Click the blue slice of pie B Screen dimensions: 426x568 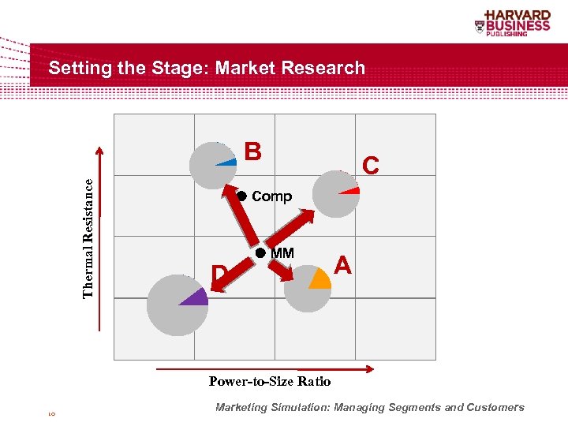[x=228, y=163]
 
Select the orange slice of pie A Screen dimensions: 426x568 [x=320, y=278]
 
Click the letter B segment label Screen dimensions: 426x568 [x=252, y=151]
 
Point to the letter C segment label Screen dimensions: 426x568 [x=370, y=165]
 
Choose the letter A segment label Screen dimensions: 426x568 [x=342, y=265]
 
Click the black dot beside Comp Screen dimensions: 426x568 [x=242, y=196]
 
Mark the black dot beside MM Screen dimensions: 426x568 [x=261, y=253]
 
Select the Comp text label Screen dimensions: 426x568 [x=271, y=196]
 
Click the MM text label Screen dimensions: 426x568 [x=282, y=253]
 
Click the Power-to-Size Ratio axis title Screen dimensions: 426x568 [x=270, y=382]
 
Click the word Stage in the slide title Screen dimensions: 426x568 [x=184, y=69]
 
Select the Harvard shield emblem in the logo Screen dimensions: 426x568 [x=480, y=26]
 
